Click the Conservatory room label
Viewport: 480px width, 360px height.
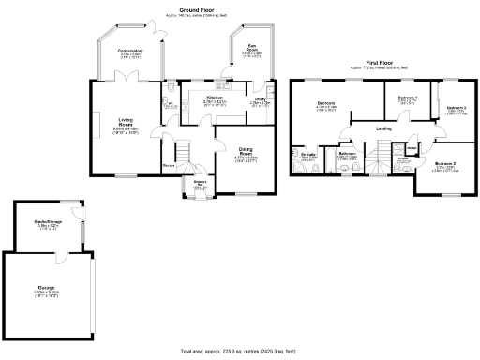point(129,51)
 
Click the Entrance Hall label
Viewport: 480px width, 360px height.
point(201,182)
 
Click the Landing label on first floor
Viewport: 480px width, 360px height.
point(383,127)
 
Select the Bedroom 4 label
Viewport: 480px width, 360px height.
point(407,97)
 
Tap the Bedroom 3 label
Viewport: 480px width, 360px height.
point(456,108)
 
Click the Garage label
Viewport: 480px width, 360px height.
point(47,286)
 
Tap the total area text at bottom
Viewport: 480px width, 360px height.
point(239,349)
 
